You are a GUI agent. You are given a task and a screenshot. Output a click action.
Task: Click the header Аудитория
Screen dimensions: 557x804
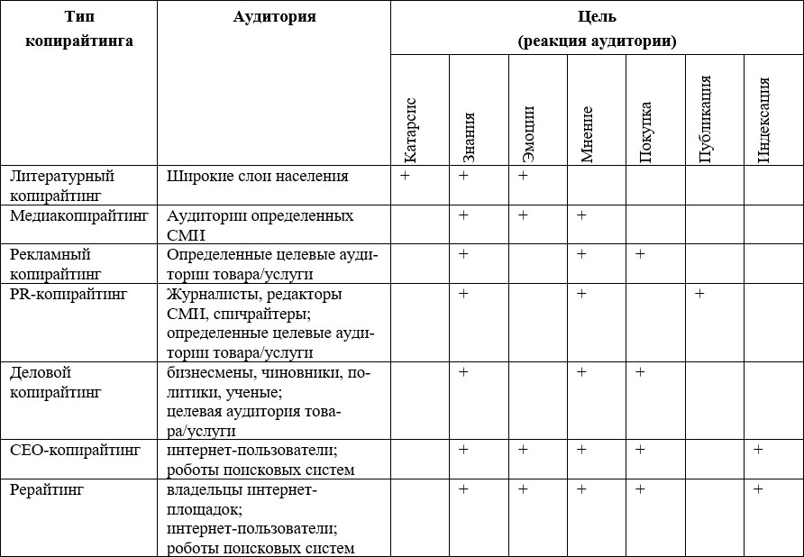pos(274,17)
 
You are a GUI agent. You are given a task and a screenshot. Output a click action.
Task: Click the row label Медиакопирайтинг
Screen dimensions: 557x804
pos(78,216)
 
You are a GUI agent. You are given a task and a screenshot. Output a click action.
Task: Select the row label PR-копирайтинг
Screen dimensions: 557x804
pos(69,294)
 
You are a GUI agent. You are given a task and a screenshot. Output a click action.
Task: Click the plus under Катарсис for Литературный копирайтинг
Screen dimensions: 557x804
pos(405,176)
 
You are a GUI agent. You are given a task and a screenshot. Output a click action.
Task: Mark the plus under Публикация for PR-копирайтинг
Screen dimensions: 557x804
pos(699,294)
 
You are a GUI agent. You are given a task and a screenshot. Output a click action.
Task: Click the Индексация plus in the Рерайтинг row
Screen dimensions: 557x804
pos(758,489)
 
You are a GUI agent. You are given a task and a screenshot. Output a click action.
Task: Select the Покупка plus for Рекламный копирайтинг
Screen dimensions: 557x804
pos(640,254)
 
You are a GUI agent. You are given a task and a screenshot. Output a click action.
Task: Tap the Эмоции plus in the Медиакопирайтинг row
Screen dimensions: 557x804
pos(523,215)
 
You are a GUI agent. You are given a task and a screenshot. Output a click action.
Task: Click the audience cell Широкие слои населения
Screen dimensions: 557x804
pos(257,176)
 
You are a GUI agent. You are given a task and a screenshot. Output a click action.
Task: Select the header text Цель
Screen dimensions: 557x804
pos(598,17)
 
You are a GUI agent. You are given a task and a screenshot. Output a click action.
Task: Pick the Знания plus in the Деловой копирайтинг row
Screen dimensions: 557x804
pos(463,372)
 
